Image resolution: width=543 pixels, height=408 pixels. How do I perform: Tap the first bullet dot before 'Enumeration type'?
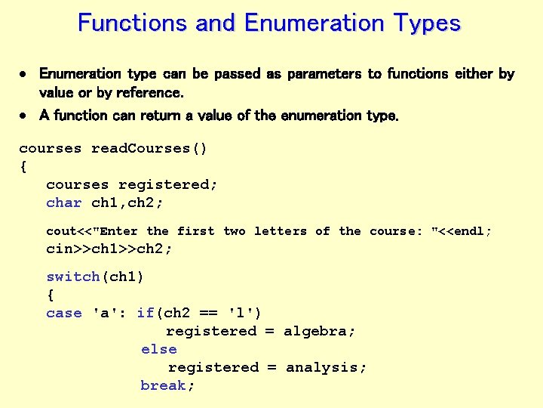tap(24, 74)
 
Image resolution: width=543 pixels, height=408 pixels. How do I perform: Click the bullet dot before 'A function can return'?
tap(24, 116)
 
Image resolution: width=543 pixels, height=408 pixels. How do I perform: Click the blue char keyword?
tap(64, 202)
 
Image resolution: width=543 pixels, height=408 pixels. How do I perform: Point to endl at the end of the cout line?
tap(469, 231)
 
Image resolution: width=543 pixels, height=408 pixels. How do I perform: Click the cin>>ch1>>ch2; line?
tap(109, 249)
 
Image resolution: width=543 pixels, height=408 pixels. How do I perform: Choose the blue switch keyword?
tap(73, 277)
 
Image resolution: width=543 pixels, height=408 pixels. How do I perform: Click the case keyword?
tap(64, 313)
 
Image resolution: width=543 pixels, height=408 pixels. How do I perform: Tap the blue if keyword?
tap(145, 313)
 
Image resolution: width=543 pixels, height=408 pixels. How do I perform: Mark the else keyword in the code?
tap(159, 349)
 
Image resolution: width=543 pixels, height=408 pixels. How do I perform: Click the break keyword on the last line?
tap(164, 385)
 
